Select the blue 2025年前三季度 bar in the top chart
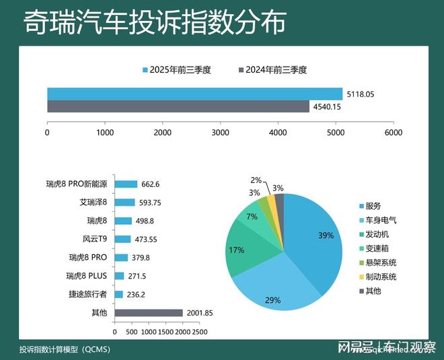(194, 94)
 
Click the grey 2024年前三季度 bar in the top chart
(178, 106)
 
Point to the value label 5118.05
(361, 94)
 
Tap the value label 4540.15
(327, 106)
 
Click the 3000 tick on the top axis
(220, 133)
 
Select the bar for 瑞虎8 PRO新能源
(126, 184)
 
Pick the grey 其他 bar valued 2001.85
(149, 313)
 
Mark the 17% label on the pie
(236, 250)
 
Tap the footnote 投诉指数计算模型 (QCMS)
(65, 349)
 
